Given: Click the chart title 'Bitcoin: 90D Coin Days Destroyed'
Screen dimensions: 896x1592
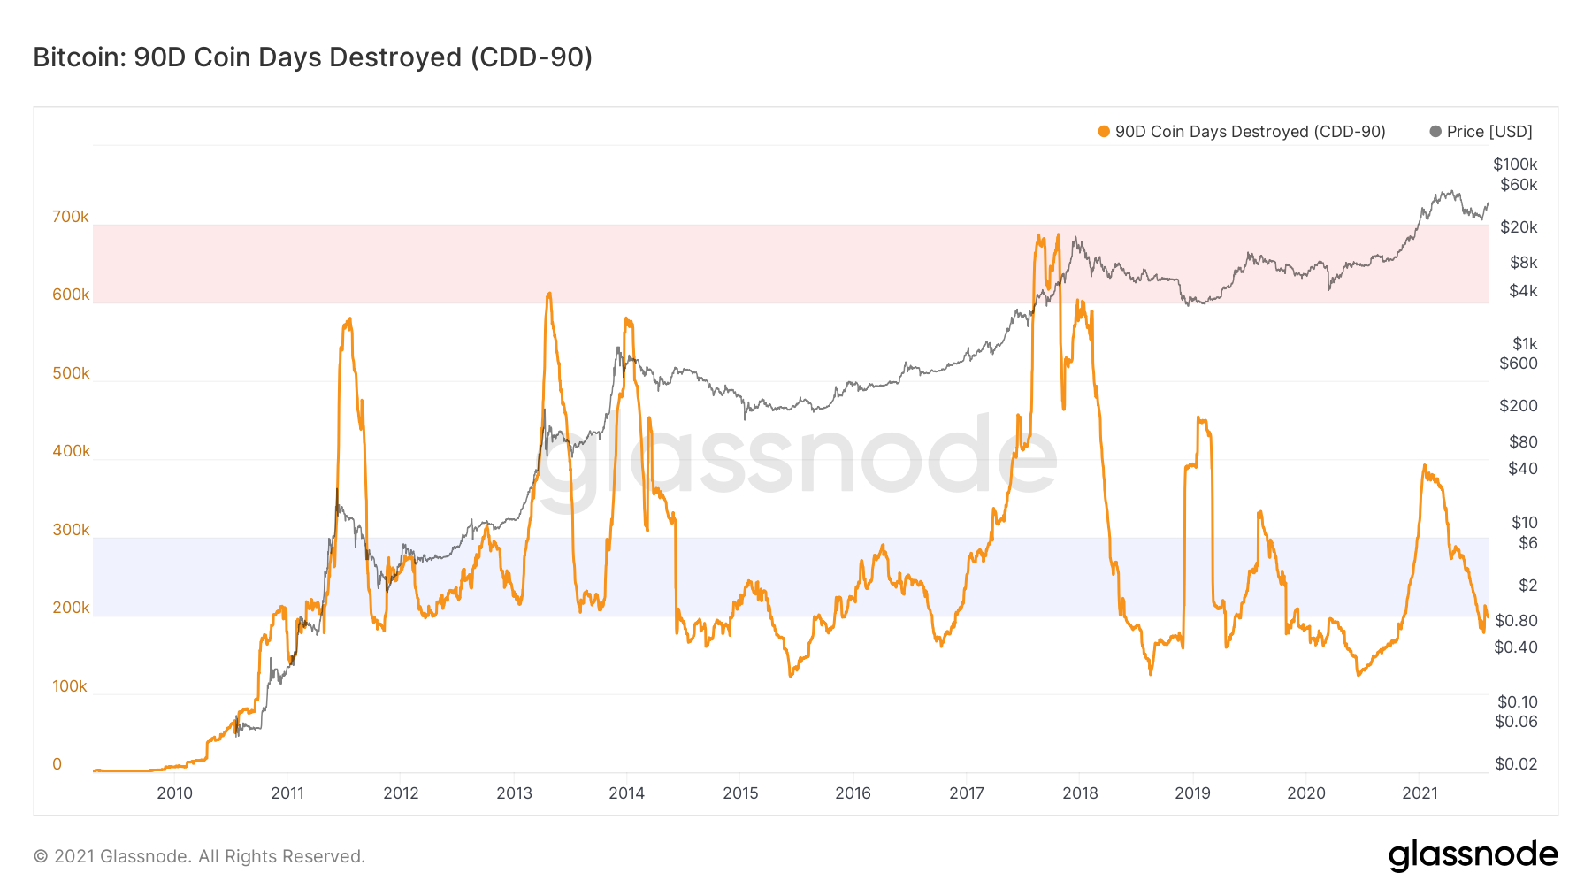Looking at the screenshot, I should tap(312, 57).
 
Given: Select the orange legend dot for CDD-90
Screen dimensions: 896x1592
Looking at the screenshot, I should tap(1103, 132).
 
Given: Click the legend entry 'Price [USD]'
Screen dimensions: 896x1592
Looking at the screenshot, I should tap(1489, 132).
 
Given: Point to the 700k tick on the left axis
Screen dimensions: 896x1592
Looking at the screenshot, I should tap(71, 217).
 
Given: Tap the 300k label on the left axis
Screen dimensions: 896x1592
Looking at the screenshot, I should tap(71, 530).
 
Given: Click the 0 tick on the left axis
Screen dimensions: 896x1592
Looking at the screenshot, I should tap(57, 764).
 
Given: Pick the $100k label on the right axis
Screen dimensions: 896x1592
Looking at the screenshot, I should tap(1514, 165).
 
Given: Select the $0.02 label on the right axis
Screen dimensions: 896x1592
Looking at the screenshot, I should tap(1515, 764).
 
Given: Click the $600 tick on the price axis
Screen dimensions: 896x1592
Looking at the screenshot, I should tap(1518, 364).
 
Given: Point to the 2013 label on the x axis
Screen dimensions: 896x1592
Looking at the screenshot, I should tap(514, 793).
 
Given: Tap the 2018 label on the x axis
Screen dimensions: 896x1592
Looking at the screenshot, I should tap(1080, 793).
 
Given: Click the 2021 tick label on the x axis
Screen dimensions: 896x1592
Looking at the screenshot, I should tap(1420, 793).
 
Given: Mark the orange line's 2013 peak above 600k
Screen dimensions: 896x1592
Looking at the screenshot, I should tap(549, 294).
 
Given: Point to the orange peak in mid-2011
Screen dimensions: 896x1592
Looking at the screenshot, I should tap(349, 319).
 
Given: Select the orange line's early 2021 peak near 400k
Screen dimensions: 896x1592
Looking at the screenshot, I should tap(1424, 465).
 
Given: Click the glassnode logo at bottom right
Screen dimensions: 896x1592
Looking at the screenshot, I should tap(1473, 855).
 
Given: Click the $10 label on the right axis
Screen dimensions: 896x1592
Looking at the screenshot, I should tap(1524, 523).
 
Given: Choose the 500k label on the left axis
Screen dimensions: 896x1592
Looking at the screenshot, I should tap(71, 373).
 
